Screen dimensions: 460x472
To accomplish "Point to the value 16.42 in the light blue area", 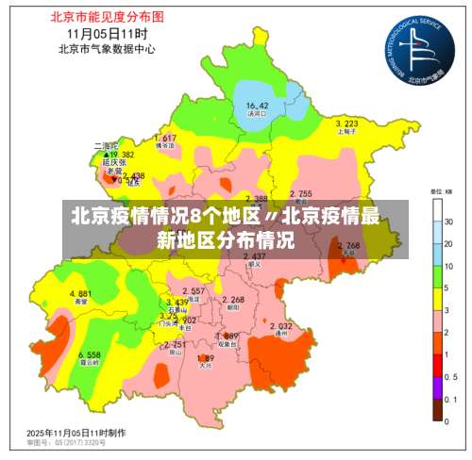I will coord(257,105).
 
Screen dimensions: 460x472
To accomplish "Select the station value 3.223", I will coord(346,123).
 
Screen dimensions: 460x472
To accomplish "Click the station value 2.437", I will coord(254,256).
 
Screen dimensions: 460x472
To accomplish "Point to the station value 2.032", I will coord(280,326).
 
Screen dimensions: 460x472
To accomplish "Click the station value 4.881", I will coord(80,294).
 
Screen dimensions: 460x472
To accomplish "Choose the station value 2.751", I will coord(174,345).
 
